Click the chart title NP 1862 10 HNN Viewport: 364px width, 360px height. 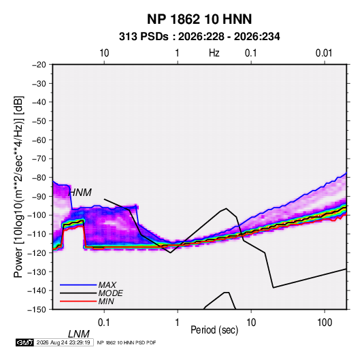click(199, 19)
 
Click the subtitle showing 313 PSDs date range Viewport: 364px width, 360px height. click(199, 37)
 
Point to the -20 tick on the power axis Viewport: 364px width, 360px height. click(39, 65)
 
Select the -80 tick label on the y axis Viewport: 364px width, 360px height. click(39, 178)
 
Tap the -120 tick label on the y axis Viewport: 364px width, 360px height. click(37, 252)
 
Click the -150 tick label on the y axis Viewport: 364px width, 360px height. click(37, 310)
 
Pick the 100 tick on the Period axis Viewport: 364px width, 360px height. click(325, 323)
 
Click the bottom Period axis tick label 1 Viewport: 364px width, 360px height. click(178, 323)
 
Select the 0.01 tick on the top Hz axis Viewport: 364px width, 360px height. click(324, 53)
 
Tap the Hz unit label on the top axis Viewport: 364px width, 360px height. click(214, 53)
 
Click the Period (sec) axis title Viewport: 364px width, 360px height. click(214, 330)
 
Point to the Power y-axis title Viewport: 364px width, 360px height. click(18, 187)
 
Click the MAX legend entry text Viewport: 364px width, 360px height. click(107, 285)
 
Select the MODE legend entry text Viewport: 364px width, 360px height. click(110, 293)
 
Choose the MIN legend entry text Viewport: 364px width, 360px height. click(106, 301)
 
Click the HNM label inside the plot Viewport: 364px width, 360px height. click(80, 193)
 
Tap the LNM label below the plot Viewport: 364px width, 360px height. click(79, 334)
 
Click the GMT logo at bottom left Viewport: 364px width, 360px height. click(24, 342)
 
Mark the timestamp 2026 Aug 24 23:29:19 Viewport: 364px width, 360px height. click(63, 342)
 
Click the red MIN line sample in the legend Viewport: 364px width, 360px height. click(78, 301)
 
